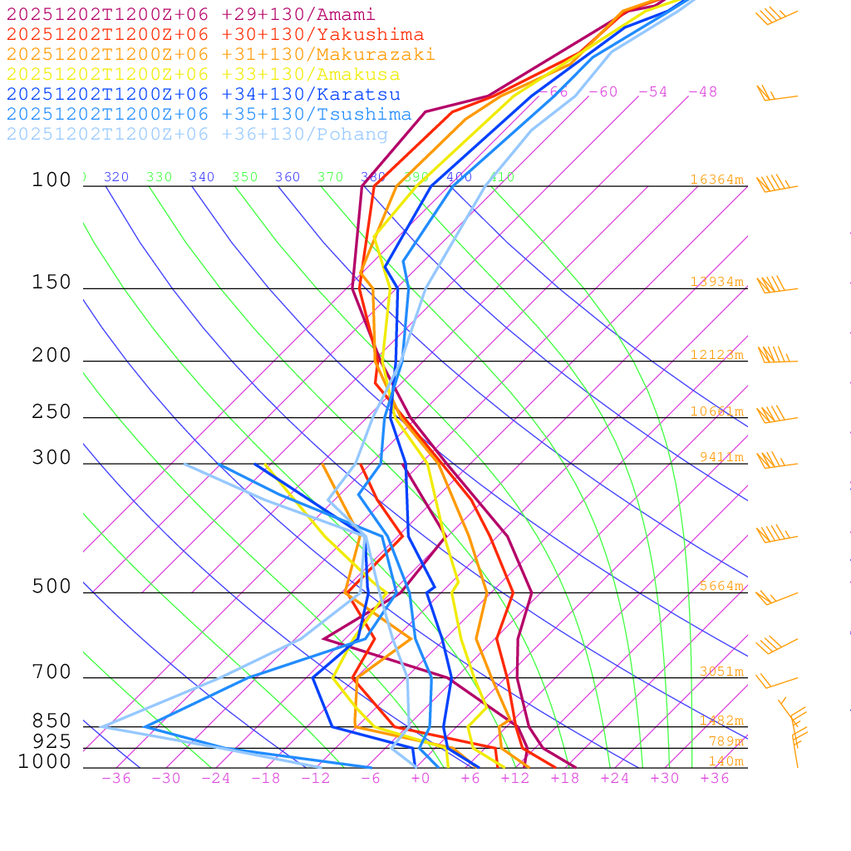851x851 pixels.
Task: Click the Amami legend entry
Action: pos(191,15)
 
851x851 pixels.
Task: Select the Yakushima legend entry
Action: pos(215,35)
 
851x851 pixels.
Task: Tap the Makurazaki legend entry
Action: pos(221,55)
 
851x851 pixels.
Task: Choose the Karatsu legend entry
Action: pos(204,95)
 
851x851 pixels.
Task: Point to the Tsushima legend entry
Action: pos(209,115)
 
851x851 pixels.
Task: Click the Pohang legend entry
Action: pos(197,135)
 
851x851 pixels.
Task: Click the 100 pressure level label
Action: pos(52,180)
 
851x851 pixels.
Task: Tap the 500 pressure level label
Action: pos(52,588)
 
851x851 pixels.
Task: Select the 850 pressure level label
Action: pos(52,721)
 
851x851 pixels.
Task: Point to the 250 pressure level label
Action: pos(52,412)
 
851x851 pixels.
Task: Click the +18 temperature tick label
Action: pos(564,779)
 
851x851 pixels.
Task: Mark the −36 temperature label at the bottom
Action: pos(116,779)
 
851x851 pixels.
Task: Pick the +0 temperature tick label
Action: pos(420,779)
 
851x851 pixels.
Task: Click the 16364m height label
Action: pos(717,180)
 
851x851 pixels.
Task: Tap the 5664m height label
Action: pos(721,586)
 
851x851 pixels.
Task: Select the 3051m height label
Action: pos(721,671)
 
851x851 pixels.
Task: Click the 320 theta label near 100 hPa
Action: pos(116,177)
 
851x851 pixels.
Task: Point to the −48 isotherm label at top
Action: pos(702,92)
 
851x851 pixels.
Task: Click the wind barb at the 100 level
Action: pos(775,184)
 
